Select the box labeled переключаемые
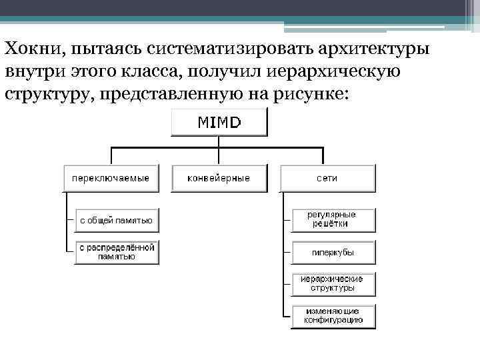point(111,178)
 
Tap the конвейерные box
point(219,178)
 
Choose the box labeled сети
point(327,178)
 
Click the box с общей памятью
point(117,219)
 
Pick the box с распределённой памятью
point(117,251)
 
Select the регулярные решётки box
point(333,219)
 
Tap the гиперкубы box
point(333,253)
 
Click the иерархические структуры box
point(333,283)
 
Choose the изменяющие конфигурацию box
point(333,315)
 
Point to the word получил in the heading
point(226,71)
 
